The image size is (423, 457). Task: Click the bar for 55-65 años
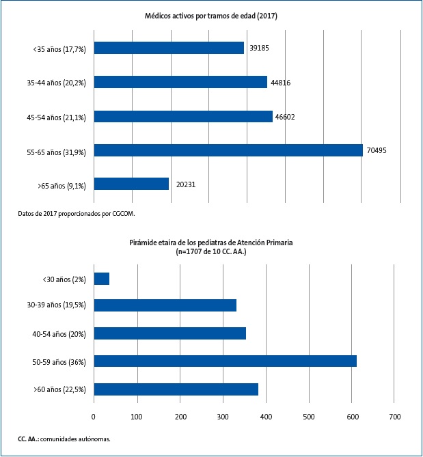228,150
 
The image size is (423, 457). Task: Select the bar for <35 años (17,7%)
169,48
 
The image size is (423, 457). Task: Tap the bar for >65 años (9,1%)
131,184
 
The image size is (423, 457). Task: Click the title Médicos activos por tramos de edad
210,15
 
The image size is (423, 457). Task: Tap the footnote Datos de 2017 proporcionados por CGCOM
77,213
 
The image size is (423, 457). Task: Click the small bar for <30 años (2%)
101,279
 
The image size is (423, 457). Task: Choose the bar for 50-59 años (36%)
225,361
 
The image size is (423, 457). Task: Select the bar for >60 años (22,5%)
176,389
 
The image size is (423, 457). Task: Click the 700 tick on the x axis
394,416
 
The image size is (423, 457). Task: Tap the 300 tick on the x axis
223,416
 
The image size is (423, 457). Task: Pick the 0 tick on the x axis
94,416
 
